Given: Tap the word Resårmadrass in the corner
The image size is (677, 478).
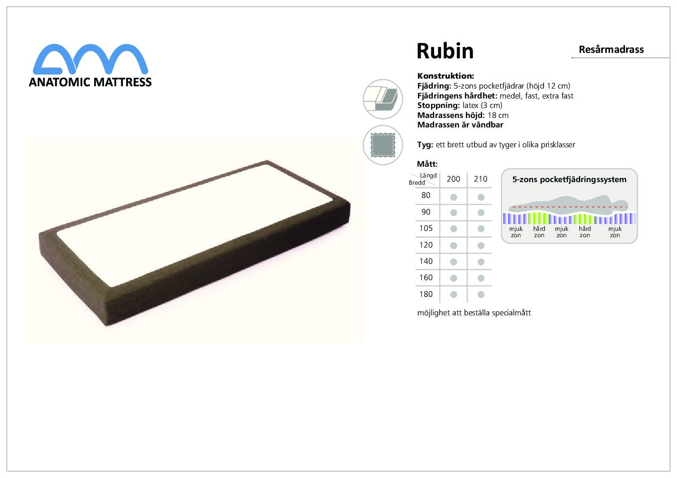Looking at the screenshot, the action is pos(611,50).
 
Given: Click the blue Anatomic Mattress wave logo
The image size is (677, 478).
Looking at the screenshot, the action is pos(90,59).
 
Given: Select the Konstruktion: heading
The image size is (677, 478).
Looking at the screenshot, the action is pos(445,76).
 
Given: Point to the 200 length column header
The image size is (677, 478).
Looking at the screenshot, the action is pos(453,179).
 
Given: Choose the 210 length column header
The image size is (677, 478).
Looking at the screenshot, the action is pos(481,179).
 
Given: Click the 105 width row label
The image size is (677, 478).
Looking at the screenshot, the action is pos(426,228).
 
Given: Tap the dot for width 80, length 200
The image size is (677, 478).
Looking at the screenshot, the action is pos(454,197).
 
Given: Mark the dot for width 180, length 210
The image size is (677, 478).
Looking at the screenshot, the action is pos(481,295).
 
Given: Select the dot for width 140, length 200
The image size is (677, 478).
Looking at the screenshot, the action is pos(454,262).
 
